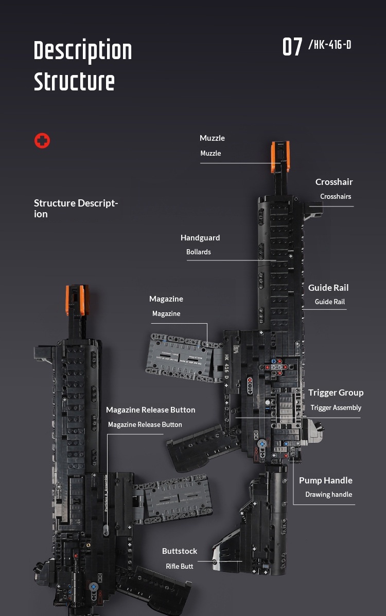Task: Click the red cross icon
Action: tap(42, 140)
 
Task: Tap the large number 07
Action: tap(292, 47)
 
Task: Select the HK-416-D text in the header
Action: tap(330, 45)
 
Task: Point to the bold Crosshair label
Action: tap(334, 182)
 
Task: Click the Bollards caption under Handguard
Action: tap(199, 252)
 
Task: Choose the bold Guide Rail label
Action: tap(328, 288)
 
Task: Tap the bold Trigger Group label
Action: tap(336, 393)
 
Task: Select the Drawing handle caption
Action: tap(329, 494)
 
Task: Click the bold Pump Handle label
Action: tap(326, 480)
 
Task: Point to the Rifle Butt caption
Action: tap(180, 566)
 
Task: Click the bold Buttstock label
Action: tap(180, 551)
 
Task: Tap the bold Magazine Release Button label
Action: tap(150, 410)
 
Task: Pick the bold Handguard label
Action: tap(200, 238)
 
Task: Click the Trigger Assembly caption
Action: tap(336, 407)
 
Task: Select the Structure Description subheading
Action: tap(76, 208)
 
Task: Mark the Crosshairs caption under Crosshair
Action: tap(336, 196)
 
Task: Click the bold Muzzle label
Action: tap(212, 138)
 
